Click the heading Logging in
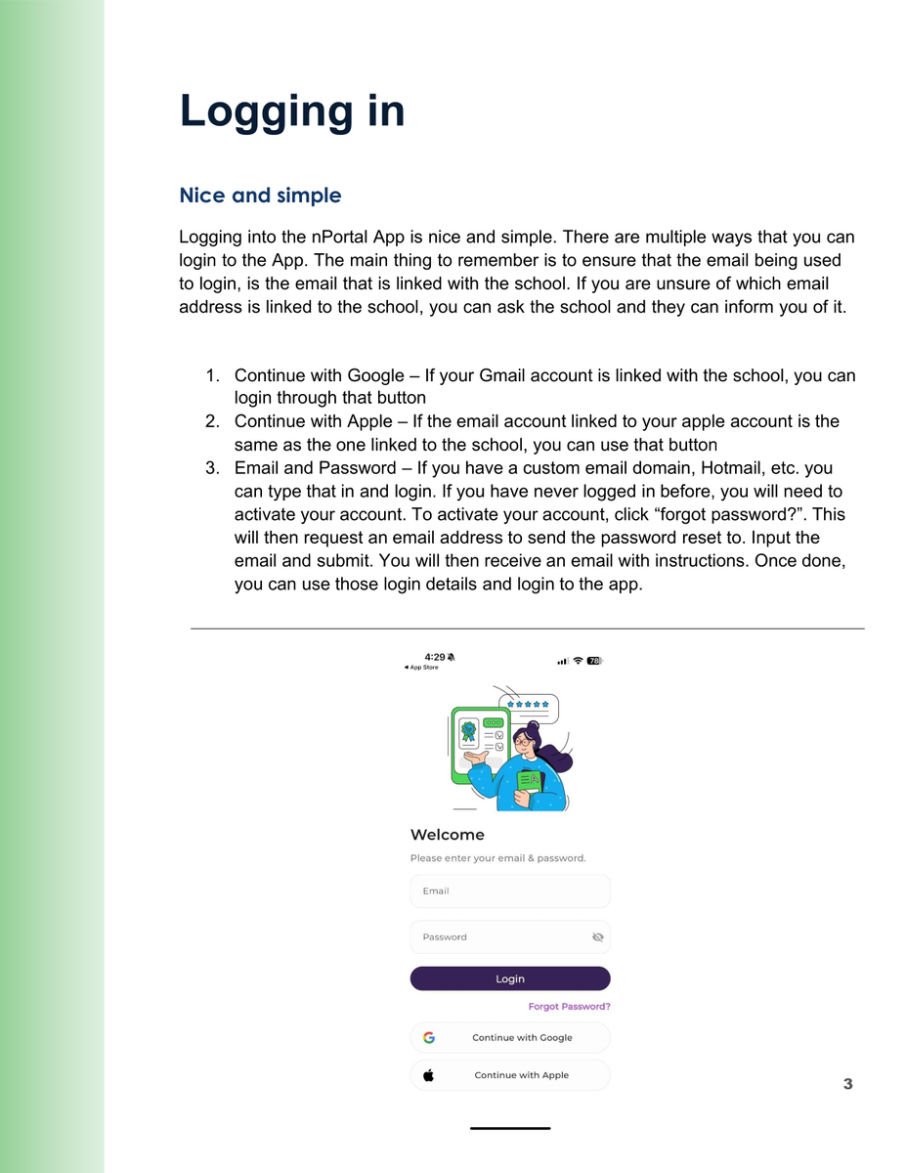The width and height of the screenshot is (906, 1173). coord(291,110)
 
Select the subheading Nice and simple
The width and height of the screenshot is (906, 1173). coord(260,195)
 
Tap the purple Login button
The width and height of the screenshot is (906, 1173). coord(510,978)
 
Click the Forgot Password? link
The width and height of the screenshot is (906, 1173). coord(569,1006)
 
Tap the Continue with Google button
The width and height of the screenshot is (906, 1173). coord(510,1037)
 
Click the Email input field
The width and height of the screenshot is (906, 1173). coord(510,891)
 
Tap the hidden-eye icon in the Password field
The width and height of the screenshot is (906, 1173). coord(598,937)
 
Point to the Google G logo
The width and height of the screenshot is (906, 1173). coord(429,1037)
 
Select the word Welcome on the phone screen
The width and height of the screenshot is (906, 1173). coord(447,835)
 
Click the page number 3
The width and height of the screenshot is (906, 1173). coord(847,1084)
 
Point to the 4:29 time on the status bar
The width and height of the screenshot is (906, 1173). coord(434,657)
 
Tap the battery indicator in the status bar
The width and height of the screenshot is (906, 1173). coord(594,661)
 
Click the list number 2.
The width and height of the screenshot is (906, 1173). coord(212,421)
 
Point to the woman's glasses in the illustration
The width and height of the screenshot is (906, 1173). coord(523,741)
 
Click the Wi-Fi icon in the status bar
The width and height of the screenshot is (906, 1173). coord(578,661)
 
